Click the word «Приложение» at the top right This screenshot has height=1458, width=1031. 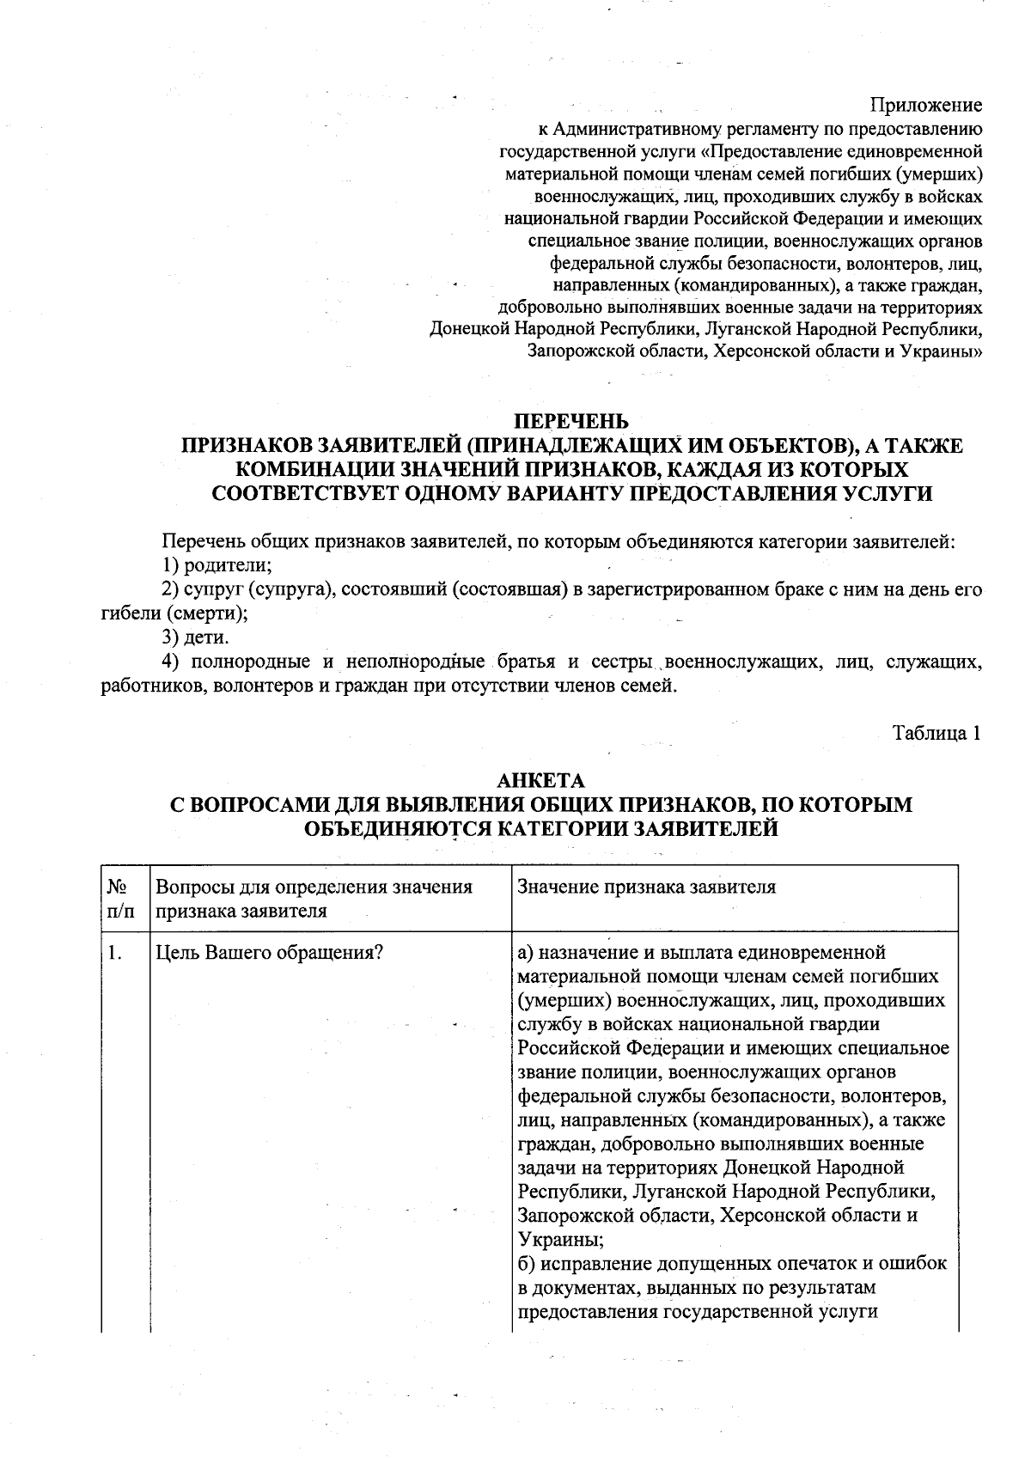926,106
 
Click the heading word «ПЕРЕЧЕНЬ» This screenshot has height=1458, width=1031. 570,421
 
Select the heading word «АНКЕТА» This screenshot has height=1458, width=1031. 541,780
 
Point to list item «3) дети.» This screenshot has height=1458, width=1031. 196,637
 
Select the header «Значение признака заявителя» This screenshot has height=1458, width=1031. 646,887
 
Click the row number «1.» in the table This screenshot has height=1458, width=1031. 115,953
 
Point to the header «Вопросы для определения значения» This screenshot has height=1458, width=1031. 314,887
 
